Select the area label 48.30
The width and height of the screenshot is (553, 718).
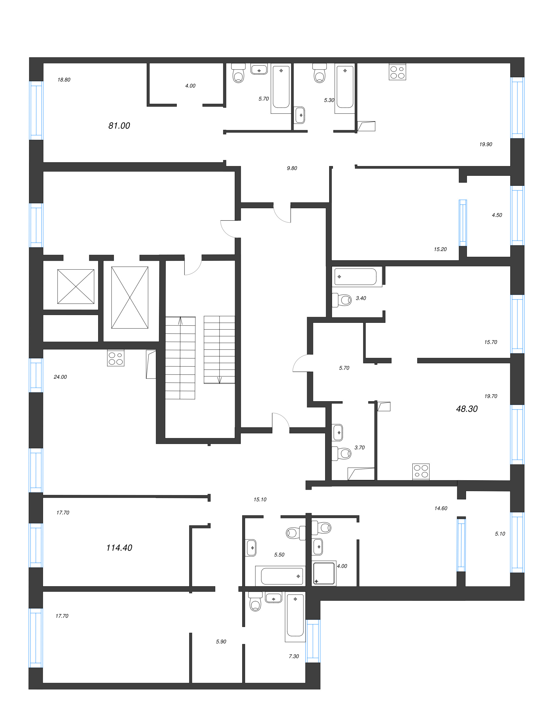pos(467,409)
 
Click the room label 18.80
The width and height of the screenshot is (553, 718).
pos(64,80)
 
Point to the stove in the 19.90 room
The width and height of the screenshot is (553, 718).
pos(397,72)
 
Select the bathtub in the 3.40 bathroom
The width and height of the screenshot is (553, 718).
pos(356,277)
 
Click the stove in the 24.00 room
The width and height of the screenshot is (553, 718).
pos(116,358)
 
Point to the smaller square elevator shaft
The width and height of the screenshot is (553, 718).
pos(75,286)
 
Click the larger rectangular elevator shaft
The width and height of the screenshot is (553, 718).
pos(129,297)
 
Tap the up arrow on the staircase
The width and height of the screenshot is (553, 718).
pos(180,321)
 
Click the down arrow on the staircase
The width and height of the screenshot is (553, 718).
pos(220,380)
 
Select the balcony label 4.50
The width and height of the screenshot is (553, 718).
pos(496,215)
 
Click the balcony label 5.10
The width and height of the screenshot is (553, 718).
pos(500,534)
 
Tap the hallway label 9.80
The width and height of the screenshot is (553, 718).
pos(292,168)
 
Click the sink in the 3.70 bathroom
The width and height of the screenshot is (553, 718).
pos(338,432)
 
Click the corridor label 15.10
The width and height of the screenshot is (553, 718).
pos(260,499)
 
